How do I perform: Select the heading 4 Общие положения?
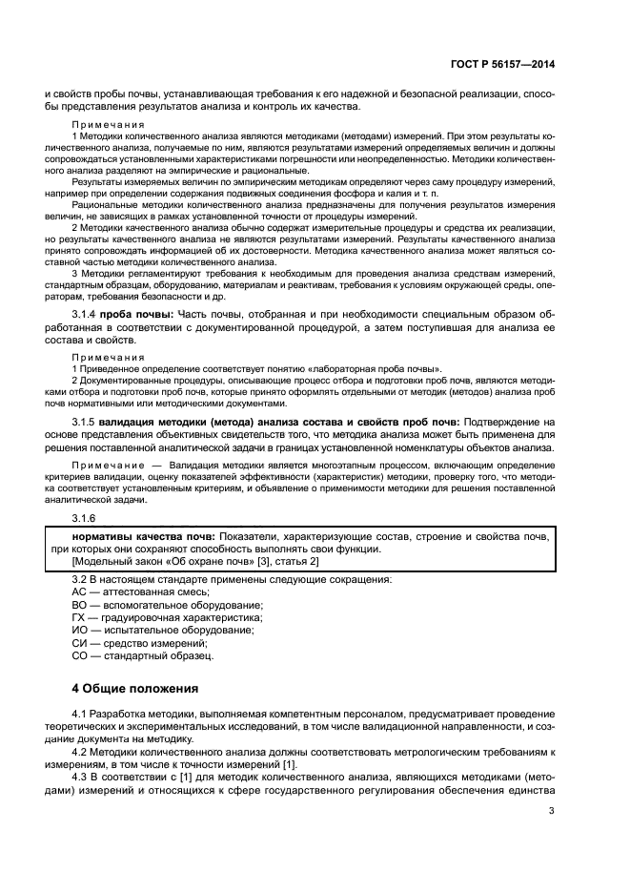pyautogui.click(x=135, y=687)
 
